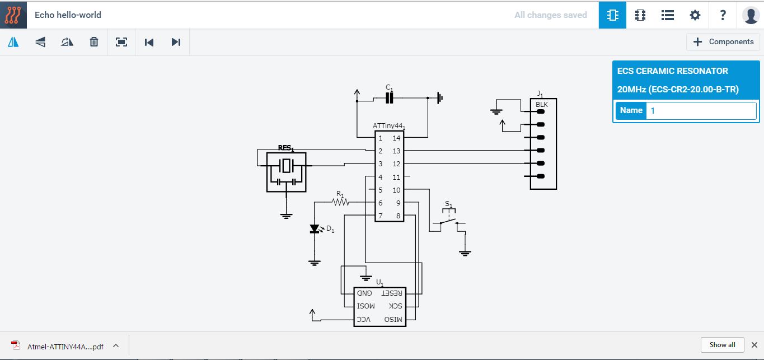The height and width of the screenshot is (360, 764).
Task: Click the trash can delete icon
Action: click(x=94, y=42)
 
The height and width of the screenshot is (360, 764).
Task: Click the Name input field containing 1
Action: click(x=701, y=110)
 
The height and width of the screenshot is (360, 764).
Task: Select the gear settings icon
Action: click(x=695, y=15)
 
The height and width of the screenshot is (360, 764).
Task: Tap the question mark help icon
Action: click(x=723, y=15)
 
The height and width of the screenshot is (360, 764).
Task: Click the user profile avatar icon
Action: click(x=750, y=15)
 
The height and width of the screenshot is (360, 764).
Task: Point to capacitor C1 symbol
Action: click(x=390, y=98)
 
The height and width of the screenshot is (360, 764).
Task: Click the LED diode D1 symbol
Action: click(x=315, y=229)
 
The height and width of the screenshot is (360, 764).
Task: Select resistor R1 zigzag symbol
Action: click(x=340, y=202)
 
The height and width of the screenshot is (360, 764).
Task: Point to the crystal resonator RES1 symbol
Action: click(x=287, y=166)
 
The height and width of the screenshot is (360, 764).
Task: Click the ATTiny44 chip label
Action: click(x=388, y=126)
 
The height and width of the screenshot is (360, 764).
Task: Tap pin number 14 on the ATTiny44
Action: click(x=396, y=138)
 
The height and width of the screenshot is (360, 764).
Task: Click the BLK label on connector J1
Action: click(x=542, y=105)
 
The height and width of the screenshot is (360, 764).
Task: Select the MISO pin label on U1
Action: click(x=393, y=320)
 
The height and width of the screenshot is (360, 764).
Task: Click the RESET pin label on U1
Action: click(x=391, y=293)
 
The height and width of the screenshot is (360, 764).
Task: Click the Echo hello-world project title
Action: click(x=68, y=15)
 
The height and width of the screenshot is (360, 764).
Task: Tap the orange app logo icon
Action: click(x=13, y=15)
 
